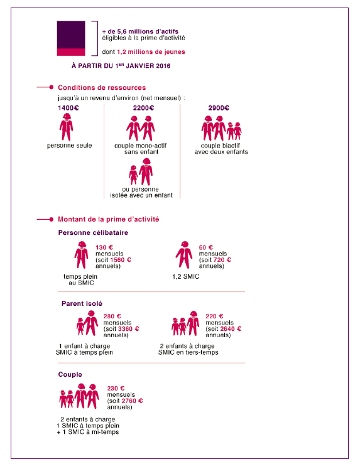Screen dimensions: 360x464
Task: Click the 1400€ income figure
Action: [68, 108]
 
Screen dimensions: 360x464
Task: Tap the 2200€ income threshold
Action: [143, 108]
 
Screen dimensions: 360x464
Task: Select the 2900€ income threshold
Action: [217, 108]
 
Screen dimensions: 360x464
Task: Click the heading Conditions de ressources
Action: [102, 87]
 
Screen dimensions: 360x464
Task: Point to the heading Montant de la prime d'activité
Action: [108, 219]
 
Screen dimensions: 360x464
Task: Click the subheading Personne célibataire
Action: [93, 233]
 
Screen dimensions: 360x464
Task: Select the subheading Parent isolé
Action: [82, 303]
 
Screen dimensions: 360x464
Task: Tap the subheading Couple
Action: [71, 375]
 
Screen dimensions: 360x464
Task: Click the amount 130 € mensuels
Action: [104, 247]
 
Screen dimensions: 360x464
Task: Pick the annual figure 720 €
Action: [224, 260]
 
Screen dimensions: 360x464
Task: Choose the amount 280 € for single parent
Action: [112, 316]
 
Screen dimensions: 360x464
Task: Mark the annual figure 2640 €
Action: [231, 328]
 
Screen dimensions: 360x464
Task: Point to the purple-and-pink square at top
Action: [70, 38]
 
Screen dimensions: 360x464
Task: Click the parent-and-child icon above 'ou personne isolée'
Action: [141, 171]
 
